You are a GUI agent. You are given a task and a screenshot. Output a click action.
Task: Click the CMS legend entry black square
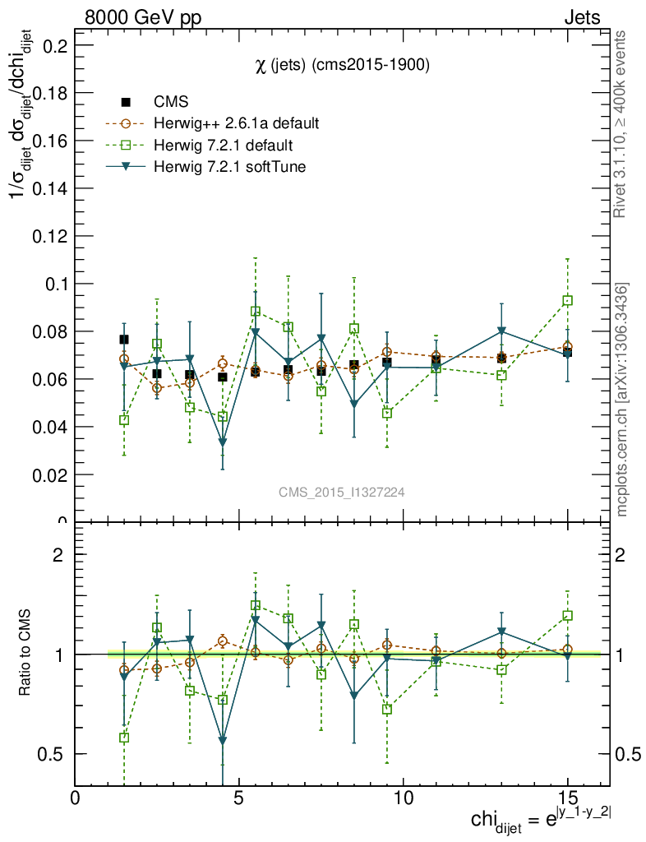126,102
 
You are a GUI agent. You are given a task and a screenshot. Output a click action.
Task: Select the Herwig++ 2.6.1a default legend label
236,123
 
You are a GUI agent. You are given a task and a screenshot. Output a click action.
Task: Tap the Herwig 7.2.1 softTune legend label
229,168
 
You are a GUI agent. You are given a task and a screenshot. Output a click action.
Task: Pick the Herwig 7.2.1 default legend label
223,146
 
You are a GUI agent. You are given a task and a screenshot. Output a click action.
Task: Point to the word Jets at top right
582,18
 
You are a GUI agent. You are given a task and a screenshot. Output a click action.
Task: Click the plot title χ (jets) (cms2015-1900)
342,66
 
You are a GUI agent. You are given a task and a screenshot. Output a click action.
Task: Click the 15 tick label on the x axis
567,798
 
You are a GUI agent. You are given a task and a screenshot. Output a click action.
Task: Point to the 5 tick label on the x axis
239,798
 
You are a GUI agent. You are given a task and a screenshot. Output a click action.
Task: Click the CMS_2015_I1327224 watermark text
341,492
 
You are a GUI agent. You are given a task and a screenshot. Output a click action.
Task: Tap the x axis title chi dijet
541,819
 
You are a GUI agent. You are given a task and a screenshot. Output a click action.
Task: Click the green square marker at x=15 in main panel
567,301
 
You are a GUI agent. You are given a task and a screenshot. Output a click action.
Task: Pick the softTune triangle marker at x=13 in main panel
501,332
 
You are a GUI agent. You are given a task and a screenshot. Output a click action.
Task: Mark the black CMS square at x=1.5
124,339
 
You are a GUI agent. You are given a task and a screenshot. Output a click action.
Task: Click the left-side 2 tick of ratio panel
58,554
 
